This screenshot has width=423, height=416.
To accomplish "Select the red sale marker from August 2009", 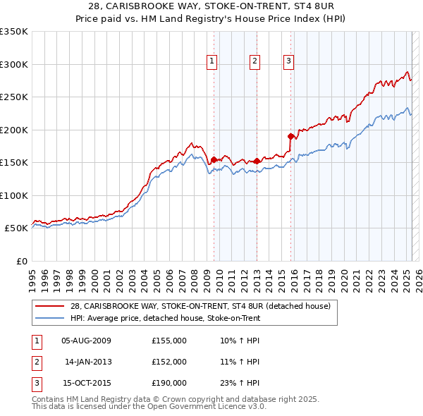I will pyautogui.click(x=214, y=159).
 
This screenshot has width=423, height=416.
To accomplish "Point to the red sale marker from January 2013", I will pyautogui.click(x=257, y=161).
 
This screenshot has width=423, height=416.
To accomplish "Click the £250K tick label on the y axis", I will pyautogui.click(x=14, y=97).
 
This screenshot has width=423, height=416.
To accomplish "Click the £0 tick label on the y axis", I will pyautogui.click(x=21, y=261).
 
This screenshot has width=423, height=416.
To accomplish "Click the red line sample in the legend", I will pyautogui.click(x=50, y=306).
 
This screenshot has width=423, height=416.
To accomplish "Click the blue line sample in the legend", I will pyautogui.click(x=50, y=318).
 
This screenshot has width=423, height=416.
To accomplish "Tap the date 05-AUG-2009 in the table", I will pyautogui.click(x=86, y=341).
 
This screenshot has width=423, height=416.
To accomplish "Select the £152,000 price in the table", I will pyautogui.click(x=169, y=362).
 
